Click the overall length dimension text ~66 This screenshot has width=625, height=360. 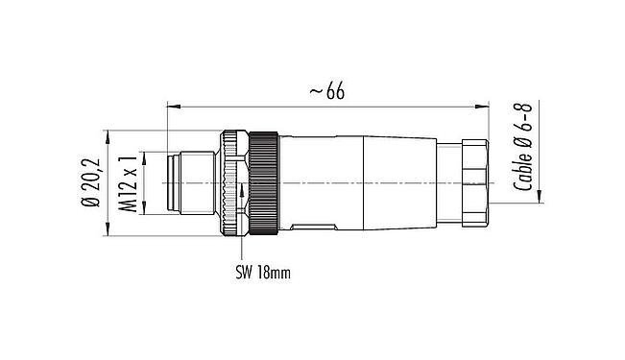[326, 91]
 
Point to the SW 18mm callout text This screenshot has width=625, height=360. [263, 272]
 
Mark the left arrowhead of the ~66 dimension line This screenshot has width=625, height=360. [171, 103]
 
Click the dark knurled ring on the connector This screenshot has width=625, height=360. [264, 182]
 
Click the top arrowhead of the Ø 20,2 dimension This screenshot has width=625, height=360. [106, 133]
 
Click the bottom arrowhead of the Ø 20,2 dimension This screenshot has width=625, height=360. [106, 231]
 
